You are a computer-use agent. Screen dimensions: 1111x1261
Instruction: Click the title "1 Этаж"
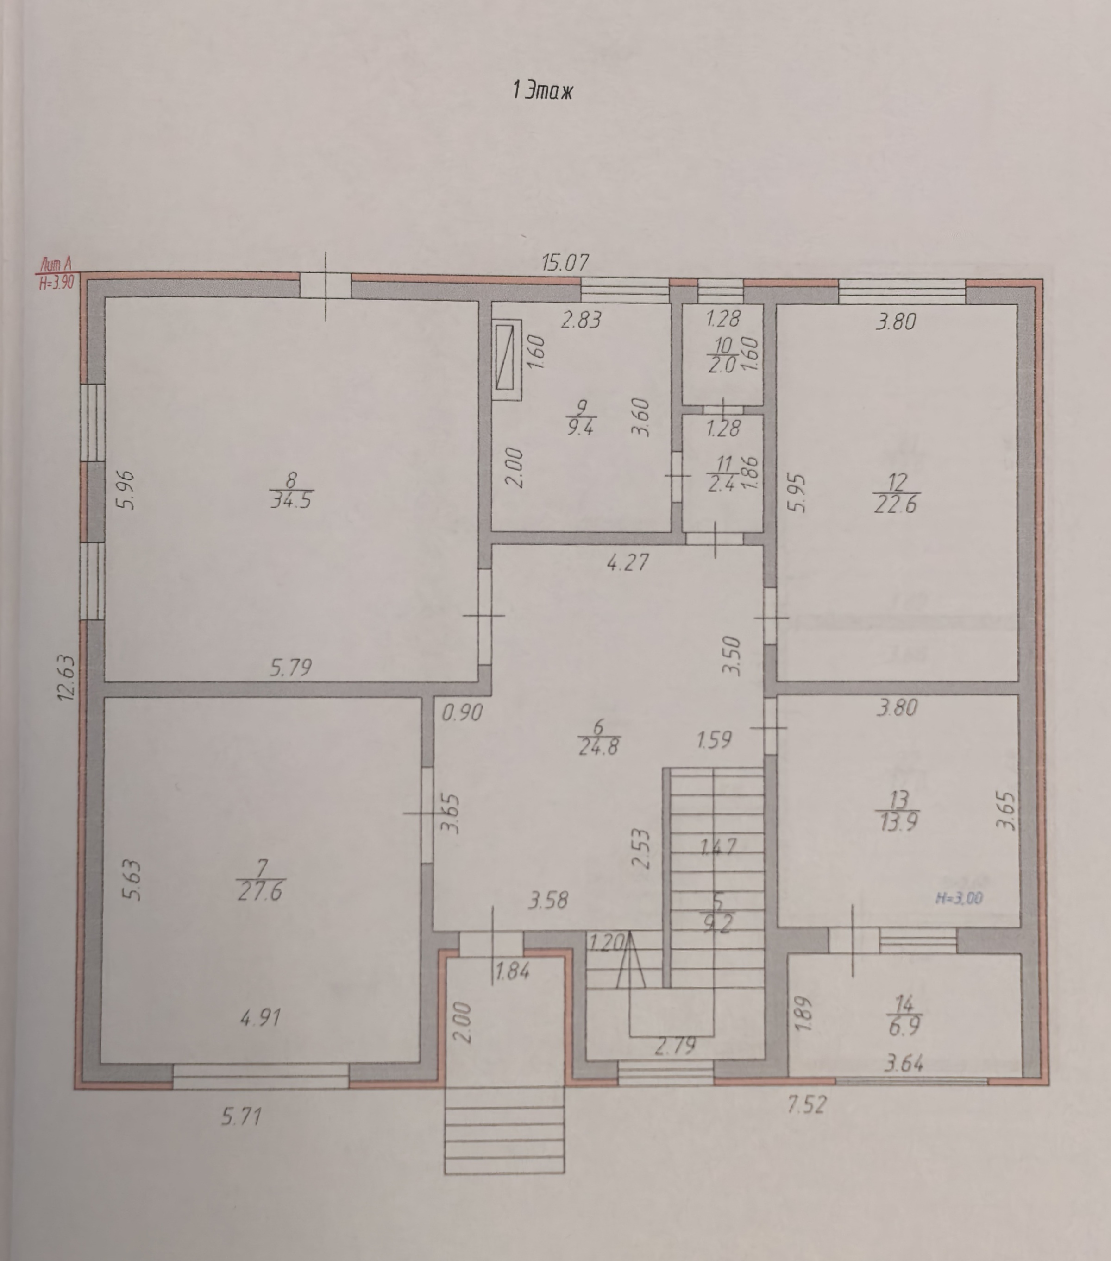click(542, 91)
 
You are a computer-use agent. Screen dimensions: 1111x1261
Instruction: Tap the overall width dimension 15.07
click(565, 263)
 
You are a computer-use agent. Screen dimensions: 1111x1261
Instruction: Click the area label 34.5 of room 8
click(290, 499)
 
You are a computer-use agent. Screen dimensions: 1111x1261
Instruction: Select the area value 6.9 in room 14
click(904, 1027)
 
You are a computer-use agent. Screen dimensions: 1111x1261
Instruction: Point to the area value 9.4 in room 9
click(580, 427)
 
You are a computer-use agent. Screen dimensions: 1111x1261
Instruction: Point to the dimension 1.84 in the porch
click(513, 972)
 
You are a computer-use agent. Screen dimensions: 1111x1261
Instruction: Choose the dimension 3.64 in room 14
click(904, 1064)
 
